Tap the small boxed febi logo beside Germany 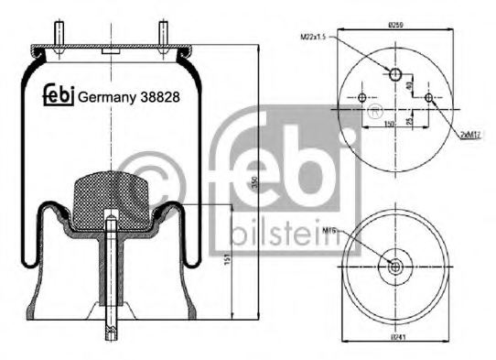[59, 93]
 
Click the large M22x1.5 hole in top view [395, 73]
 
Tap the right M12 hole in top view [427, 98]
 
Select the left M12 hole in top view [362, 98]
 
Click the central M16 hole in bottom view [395, 266]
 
